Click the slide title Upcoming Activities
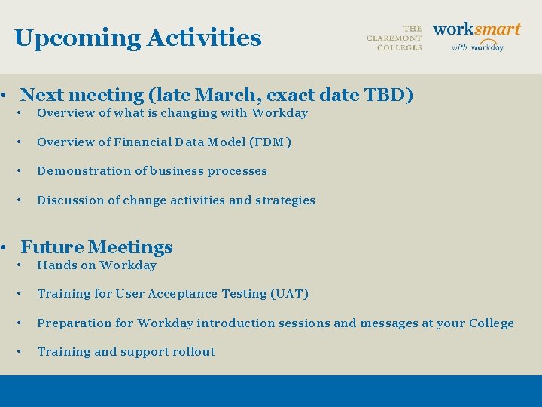[x=138, y=38]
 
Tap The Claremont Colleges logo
[x=394, y=38]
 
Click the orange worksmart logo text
[x=477, y=29]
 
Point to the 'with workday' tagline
[x=477, y=47]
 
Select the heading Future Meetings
[x=96, y=247]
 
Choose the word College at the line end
[x=491, y=323]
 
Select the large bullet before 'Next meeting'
[x=5, y=96]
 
